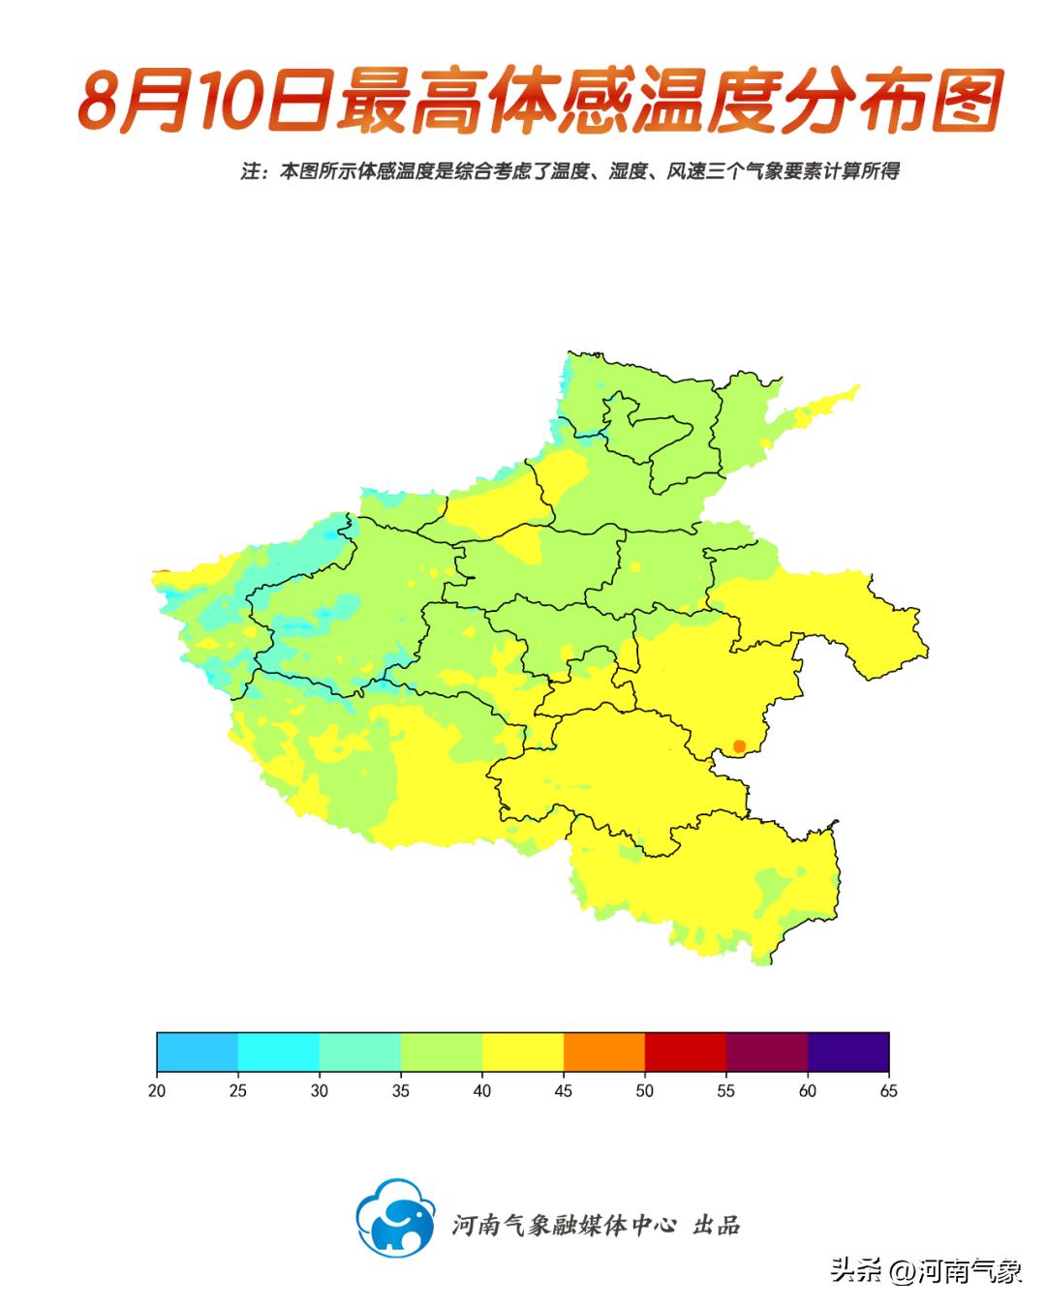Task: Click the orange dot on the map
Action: [739, 746]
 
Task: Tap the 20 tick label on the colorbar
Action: [157, 1091]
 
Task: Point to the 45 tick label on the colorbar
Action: [564, 1091]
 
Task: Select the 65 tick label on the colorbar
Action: [888, 1091]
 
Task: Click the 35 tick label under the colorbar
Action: [401, 1091]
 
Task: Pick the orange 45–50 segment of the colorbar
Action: [604, 1052]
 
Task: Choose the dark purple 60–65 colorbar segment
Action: [848, 1052]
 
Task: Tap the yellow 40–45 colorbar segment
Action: [523, 1052]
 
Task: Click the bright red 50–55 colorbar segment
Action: [686, 1052]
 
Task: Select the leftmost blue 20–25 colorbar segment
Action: [198, 1052]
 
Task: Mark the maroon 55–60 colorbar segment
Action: [767, 1052]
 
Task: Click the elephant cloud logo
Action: [395, 1217]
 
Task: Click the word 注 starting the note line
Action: [250, 171]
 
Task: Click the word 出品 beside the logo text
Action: [717, 1225]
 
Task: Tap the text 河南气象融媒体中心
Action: [564, 1225]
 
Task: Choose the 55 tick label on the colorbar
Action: [726, 1091]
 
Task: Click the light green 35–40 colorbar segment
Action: [442, 1052]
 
